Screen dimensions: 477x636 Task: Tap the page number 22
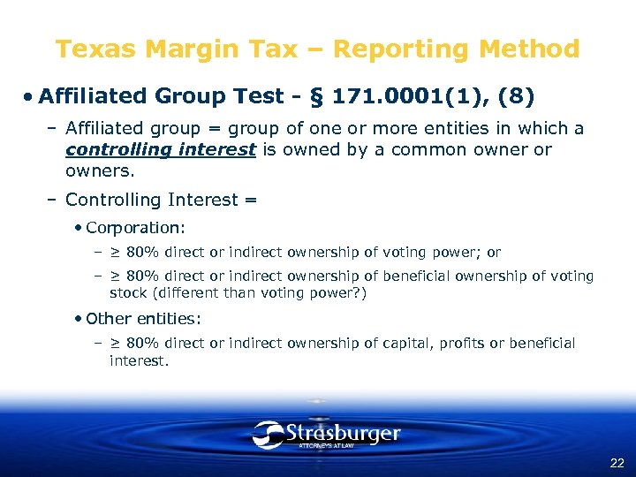click(x=617, y=463)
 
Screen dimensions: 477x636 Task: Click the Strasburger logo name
click(x=343, y=434)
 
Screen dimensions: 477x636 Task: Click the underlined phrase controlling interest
click(x=161, y=149)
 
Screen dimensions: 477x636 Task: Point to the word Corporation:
click(x=136, y=228)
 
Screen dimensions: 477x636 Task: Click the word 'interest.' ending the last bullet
click(x=138, y=360)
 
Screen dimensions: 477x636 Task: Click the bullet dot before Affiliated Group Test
click(x=30, y=95)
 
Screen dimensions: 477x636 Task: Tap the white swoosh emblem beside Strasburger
click(x=267, y=434)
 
